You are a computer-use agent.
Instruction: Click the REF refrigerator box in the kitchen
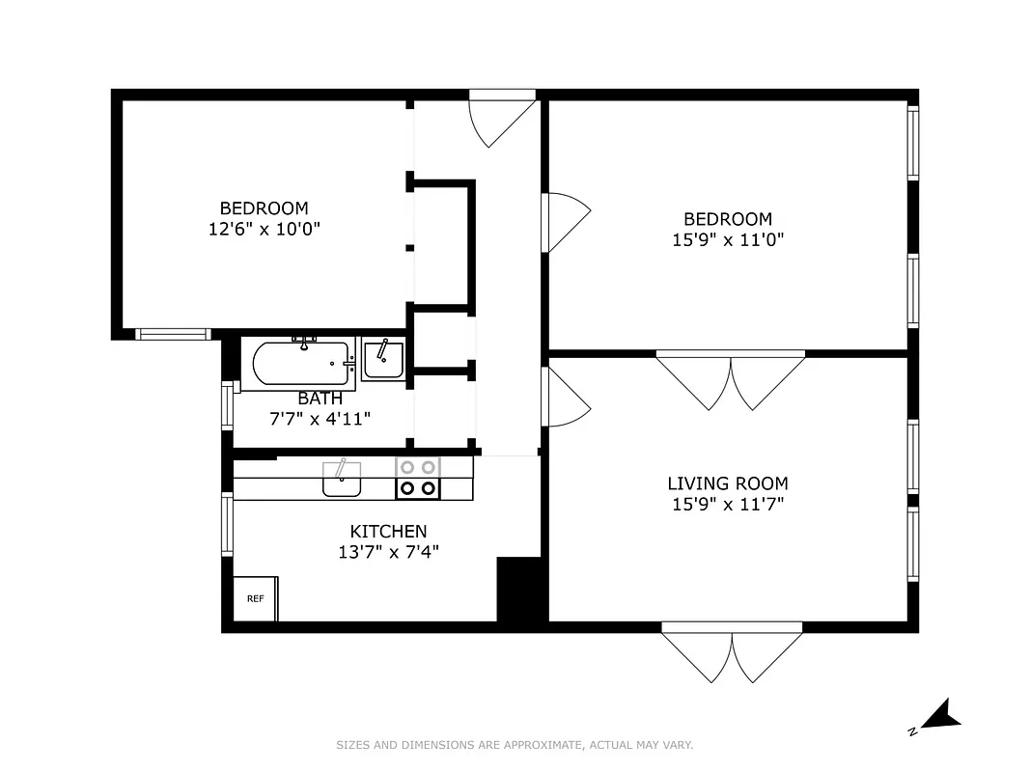point(256,598)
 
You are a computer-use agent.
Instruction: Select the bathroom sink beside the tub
point(383,359)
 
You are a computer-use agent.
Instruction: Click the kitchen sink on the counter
point(341,479)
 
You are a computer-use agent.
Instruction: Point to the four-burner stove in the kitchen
point(418,479)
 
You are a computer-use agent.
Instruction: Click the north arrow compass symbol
point(937,717)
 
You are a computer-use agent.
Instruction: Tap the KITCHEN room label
point(388,532)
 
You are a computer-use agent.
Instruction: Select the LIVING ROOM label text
point(728,483)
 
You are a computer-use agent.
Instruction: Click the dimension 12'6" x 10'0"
point(264,229)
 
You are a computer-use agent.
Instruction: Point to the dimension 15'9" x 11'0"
point(728,239)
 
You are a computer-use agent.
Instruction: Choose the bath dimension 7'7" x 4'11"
point(320,419)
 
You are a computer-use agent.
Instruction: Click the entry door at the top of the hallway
point(502,118)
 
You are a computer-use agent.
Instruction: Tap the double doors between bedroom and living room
point(731,379)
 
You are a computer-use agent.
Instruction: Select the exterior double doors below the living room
point(732,651)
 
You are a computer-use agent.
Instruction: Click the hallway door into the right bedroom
point(565,222)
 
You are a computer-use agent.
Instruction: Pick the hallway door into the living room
point(565,396)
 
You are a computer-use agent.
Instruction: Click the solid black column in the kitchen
point(520,590)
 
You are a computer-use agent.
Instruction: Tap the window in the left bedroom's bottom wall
point(173,334)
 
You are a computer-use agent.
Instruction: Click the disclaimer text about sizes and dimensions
point(515,745)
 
